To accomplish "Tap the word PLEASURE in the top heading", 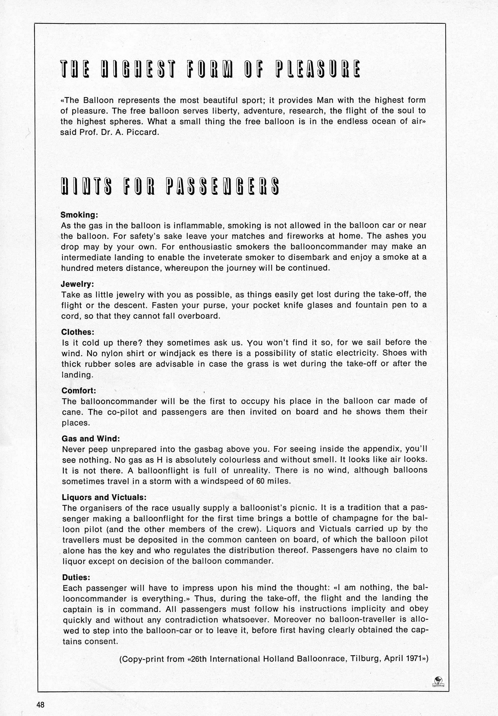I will [x=318, y=69].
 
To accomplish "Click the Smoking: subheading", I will [x=79, y=215].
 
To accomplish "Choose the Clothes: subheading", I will [x=78, y=332].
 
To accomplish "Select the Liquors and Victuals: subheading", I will [x=104, y=497].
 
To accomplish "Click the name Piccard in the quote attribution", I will [x=143, y=132].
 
